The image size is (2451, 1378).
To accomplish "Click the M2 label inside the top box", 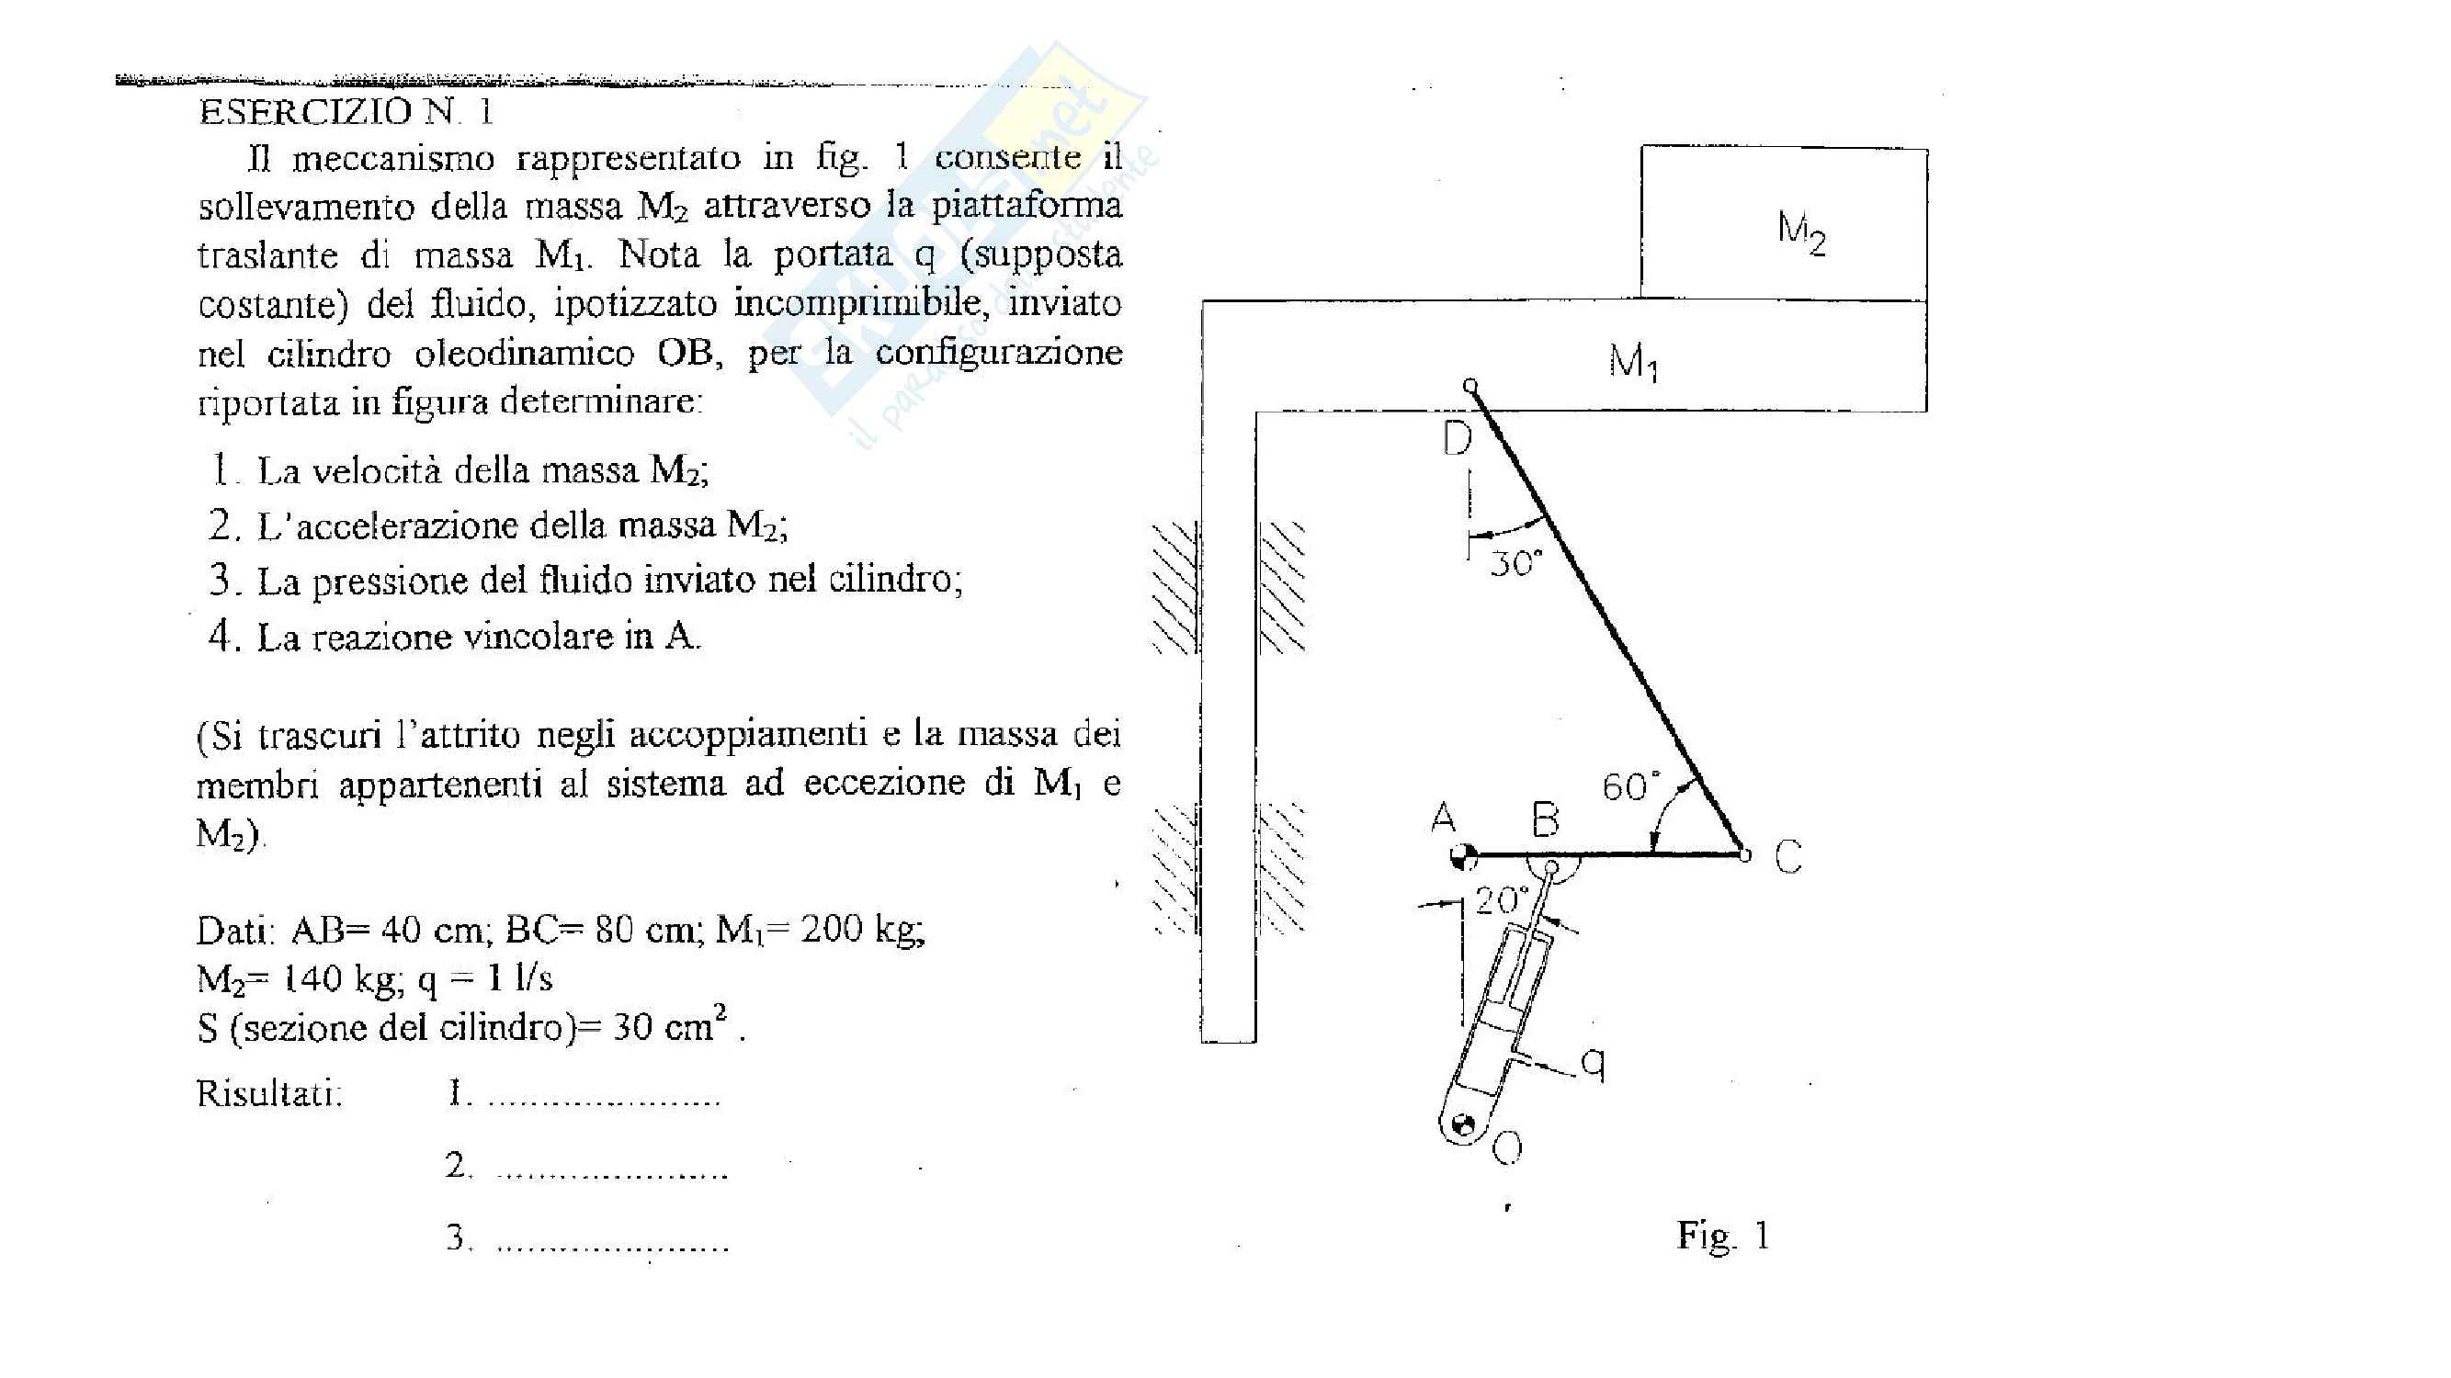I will (1801, 232).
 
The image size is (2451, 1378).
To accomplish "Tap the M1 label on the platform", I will (1633, 361).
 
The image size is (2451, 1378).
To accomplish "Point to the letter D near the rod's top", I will (1457, 438).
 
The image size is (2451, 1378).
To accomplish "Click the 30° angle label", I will (1515, 563).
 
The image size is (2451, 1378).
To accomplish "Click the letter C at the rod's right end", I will (1787, 857).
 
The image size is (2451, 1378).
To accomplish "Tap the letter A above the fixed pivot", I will (1445, 817).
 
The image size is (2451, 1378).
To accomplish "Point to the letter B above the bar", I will (1545, 819).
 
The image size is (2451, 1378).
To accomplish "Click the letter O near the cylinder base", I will (1508, 1149).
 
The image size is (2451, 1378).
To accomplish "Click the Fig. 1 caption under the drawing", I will (1722, 1236).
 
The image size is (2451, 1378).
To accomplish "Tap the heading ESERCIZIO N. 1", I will (346, 112).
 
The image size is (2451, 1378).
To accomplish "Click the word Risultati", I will (269, 1093).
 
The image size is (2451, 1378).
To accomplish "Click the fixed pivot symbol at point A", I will (1462, 856).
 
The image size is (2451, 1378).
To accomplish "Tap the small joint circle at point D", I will (1470, 386).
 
